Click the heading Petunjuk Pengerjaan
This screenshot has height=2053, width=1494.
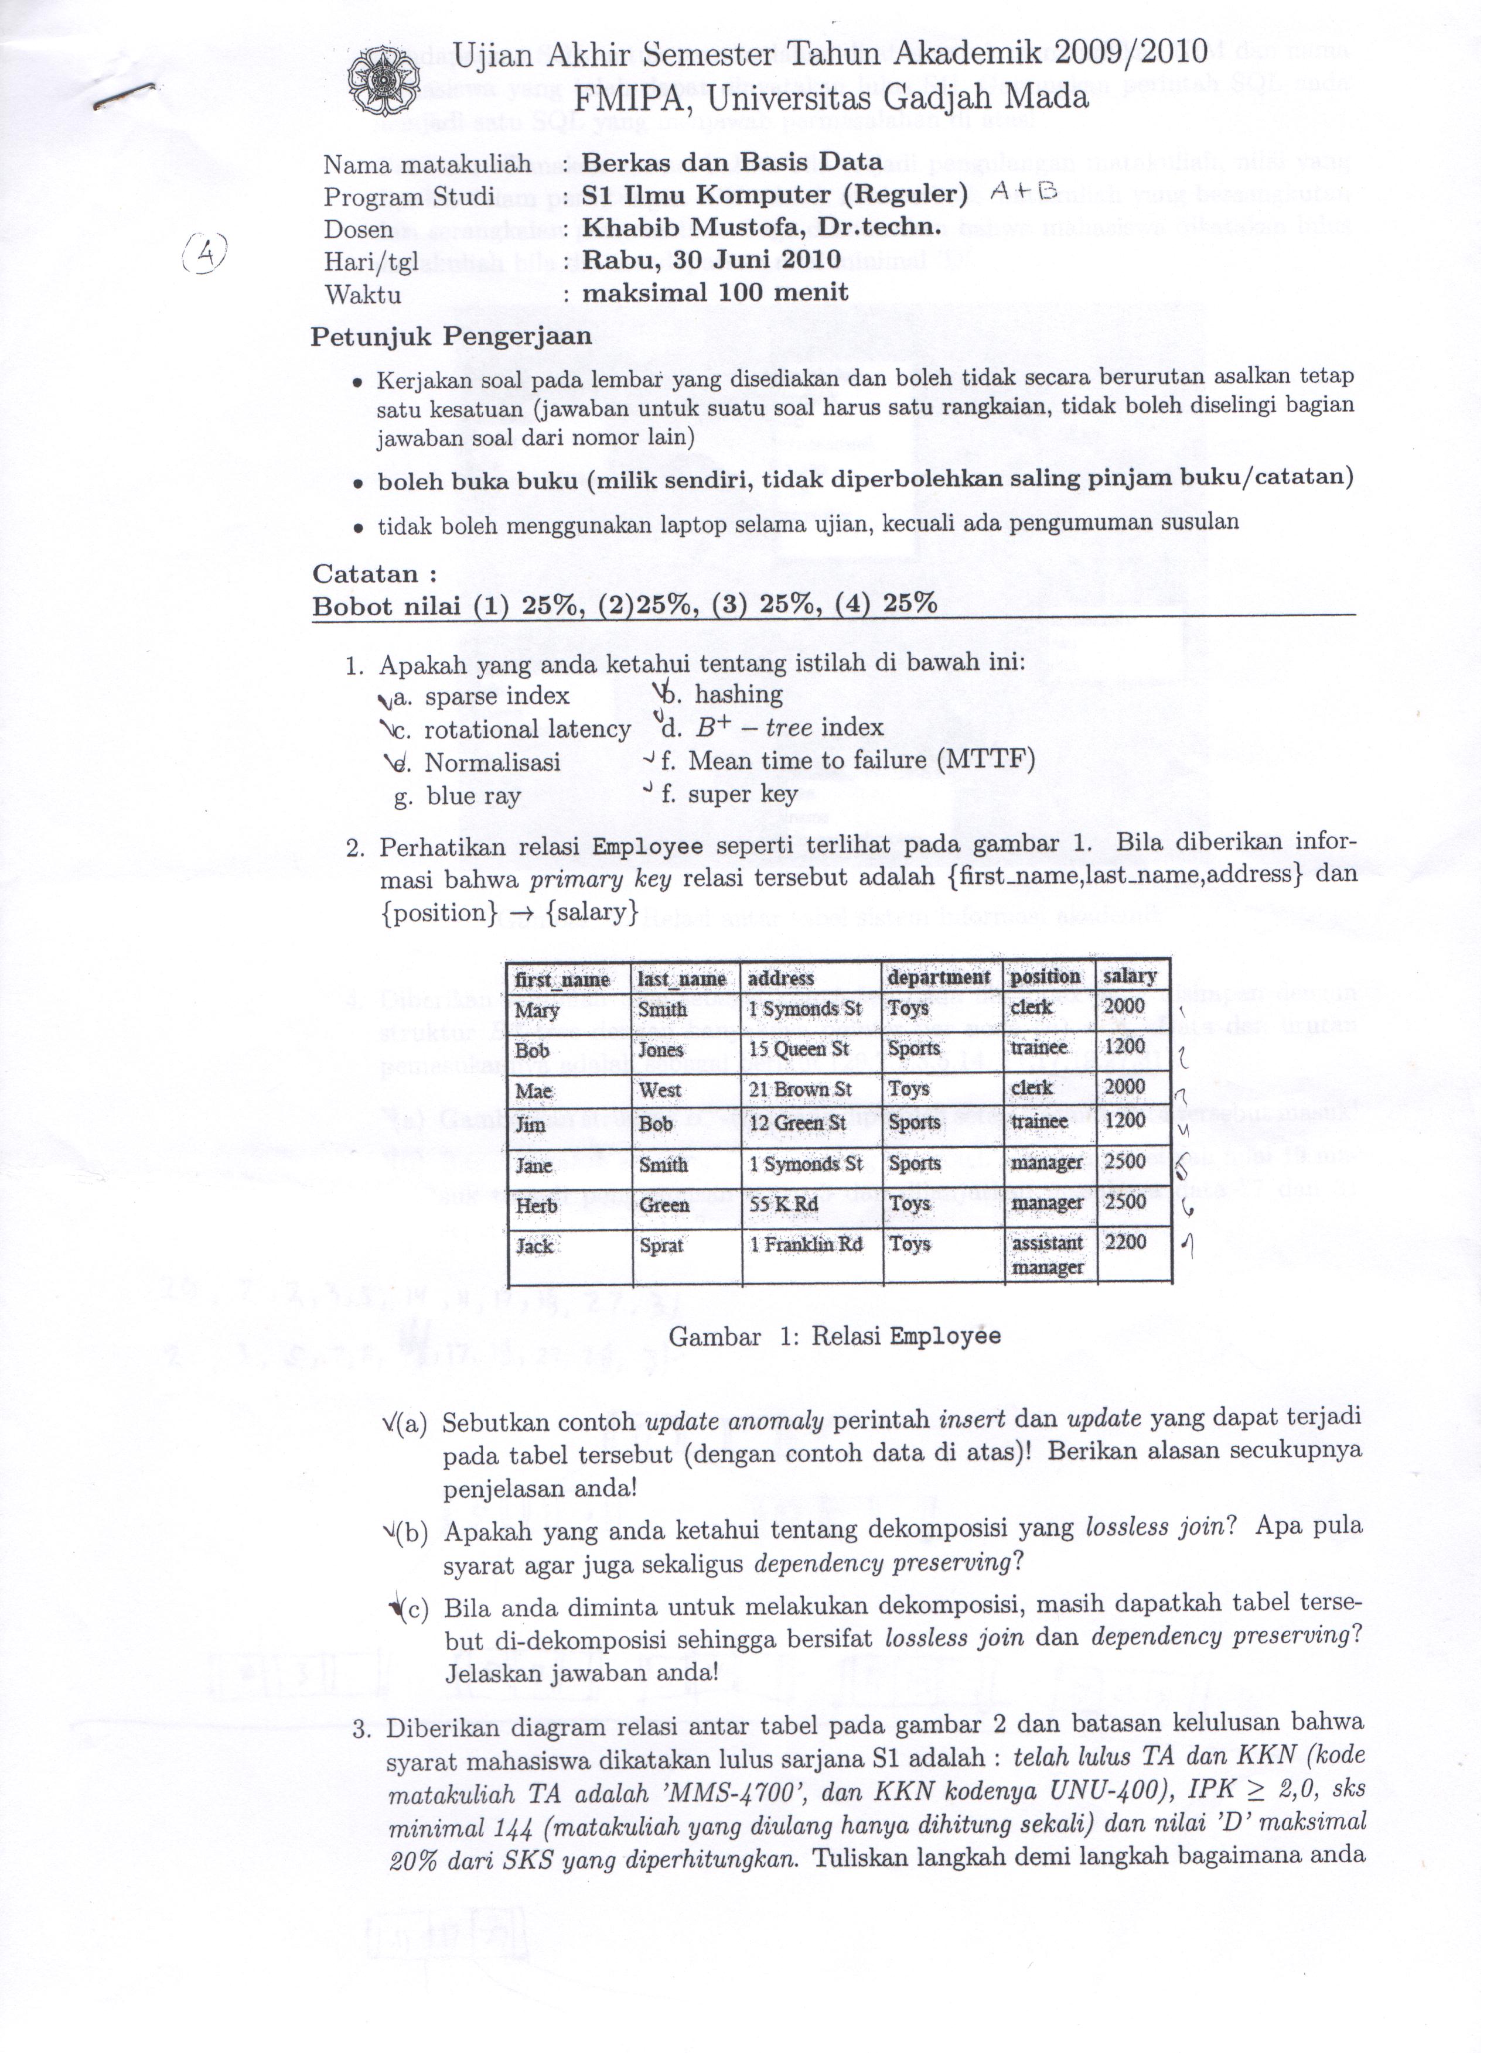pyautogui.click(x=451, y=337)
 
